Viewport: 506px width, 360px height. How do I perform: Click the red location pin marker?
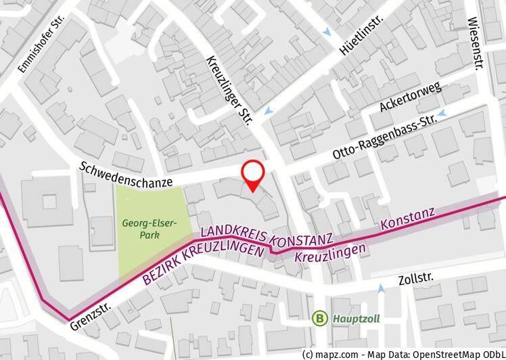tap(254, 175)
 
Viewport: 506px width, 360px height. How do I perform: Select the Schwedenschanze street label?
tap(126, 175)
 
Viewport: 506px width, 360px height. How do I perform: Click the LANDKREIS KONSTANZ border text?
tap(266, 235)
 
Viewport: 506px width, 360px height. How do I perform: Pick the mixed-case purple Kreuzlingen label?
tap(331, 253)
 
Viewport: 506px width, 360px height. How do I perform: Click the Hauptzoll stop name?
tap(351, 317)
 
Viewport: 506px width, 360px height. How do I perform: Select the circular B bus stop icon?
tap(319, 317)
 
